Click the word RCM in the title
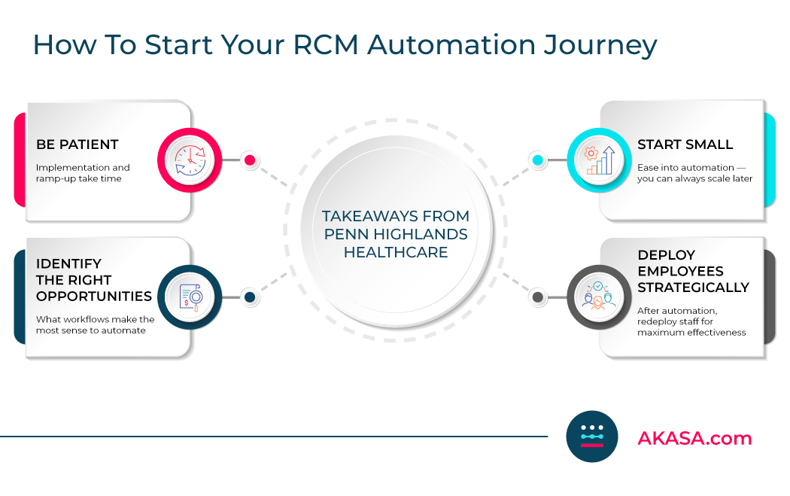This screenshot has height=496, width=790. click(x=326, y=44)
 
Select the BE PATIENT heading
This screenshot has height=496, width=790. click(x=77, y=145)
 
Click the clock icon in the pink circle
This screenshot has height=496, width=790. click(x=190, y=160)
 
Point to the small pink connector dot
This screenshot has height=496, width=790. click(x=250, y=160)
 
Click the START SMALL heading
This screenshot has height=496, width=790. click(x=685, y=145)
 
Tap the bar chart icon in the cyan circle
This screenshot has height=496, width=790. click(x=599, y=160)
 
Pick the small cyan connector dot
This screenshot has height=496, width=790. click(x=538, y=160)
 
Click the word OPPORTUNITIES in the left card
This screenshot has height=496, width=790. click(x=94, y=297)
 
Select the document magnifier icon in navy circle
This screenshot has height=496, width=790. click(x=190, y=297)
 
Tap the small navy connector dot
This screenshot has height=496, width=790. click(x=250, y=297)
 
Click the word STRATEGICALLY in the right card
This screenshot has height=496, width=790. click(x=693, y=288)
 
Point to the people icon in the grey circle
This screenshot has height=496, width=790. click(x=599, y=297)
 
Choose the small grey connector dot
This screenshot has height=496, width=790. click(x=538, y=297)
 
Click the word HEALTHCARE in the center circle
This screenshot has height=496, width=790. click(x=396, y=252)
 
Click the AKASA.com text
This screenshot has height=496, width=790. click(x=694, y=438)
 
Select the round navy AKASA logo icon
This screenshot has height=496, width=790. click(x=592, y=437)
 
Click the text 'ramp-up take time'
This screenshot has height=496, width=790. click(x=78, y=179)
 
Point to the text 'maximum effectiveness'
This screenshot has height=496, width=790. click(x=691, y=332)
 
